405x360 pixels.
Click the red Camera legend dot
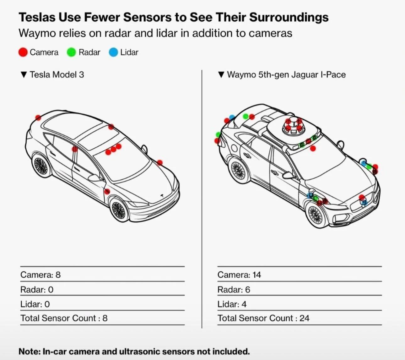tap(23, 52)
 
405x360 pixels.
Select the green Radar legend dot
tap(71, 52)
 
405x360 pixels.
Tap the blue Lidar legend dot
tap(113, 52)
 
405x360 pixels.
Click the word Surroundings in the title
tap(289, 17)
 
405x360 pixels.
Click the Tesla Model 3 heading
tap(57, 74)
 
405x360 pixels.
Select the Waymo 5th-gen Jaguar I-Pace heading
tap(286, 74)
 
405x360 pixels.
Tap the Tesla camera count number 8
tap(58, 275)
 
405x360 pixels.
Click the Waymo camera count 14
tap(257, 275)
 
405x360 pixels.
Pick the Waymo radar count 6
tap(247, 290)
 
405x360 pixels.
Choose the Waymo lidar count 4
tap(244, 304)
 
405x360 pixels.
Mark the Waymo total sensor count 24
tap(304, 318)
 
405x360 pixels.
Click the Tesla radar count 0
tap(51, 290)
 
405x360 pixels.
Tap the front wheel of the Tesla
tap(119, 210)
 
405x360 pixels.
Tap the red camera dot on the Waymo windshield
tap(313, 148)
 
